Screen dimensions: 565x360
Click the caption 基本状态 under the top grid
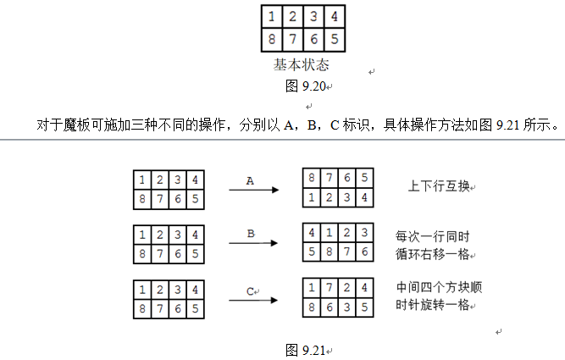coord(302,65)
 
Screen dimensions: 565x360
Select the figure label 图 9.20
coord(306,86)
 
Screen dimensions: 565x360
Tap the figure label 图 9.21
coord(306,350)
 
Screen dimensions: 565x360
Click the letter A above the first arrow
coord(250,181)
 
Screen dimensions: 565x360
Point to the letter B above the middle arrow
coord(251,234)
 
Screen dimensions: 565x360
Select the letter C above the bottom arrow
coord(251,291)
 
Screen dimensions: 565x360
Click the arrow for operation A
coord(254,190)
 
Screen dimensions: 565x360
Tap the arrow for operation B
coord(253,243)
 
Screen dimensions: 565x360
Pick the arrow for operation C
coord(253,300)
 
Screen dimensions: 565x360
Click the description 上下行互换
coord(440,186)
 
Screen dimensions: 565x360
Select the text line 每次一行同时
coord(432,237)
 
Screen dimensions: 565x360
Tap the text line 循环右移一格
coord(432,254)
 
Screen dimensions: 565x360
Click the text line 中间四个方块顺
coord(440,287)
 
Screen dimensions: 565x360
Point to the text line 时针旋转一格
coord(432,305)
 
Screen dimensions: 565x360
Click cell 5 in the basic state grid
coord(335,39)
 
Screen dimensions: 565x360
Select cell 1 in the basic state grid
coord(272,17)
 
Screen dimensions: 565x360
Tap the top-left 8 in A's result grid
coord(312,178)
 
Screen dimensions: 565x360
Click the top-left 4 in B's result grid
coord(312,232)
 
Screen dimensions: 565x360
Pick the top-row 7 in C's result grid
coord(329,287)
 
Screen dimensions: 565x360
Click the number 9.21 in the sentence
coord(507,125)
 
